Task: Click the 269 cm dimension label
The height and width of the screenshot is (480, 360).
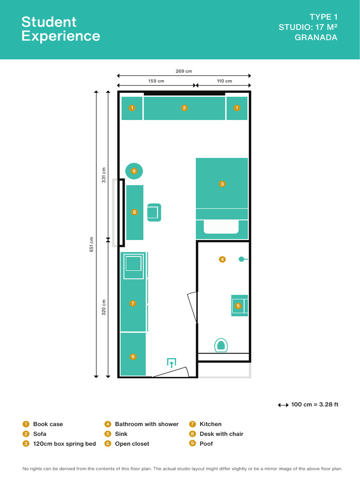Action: click(184, 71)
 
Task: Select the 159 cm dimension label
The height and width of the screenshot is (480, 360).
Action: click(156, 81)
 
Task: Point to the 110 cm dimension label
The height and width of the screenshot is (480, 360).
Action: click(224, 81)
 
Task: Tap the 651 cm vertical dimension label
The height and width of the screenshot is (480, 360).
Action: click(92, 244)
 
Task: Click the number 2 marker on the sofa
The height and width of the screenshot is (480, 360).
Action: click(184, 108)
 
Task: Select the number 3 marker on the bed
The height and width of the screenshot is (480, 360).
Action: click(222, 184)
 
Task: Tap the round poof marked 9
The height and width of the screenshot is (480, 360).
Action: click(134, 171)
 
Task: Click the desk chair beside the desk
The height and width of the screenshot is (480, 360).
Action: click(154, 212)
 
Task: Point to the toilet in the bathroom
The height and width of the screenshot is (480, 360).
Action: click(221, 345)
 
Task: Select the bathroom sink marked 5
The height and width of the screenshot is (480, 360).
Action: click(239, 306)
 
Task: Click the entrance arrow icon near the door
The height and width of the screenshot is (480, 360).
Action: click(172, 362)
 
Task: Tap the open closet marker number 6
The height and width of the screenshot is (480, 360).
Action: click(133, 357)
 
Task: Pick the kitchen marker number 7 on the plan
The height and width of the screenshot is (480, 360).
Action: click(133, 303)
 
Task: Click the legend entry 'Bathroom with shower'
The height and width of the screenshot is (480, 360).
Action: click(146, 424)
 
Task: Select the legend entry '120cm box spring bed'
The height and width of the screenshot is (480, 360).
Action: click(64, 444)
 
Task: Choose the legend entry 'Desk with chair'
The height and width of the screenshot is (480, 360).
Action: click(221, 434)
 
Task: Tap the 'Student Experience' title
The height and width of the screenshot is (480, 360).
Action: click(60, 29)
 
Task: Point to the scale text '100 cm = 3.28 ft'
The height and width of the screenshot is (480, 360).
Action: click(314, 405)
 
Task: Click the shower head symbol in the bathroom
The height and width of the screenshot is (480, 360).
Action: click(241, 259)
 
